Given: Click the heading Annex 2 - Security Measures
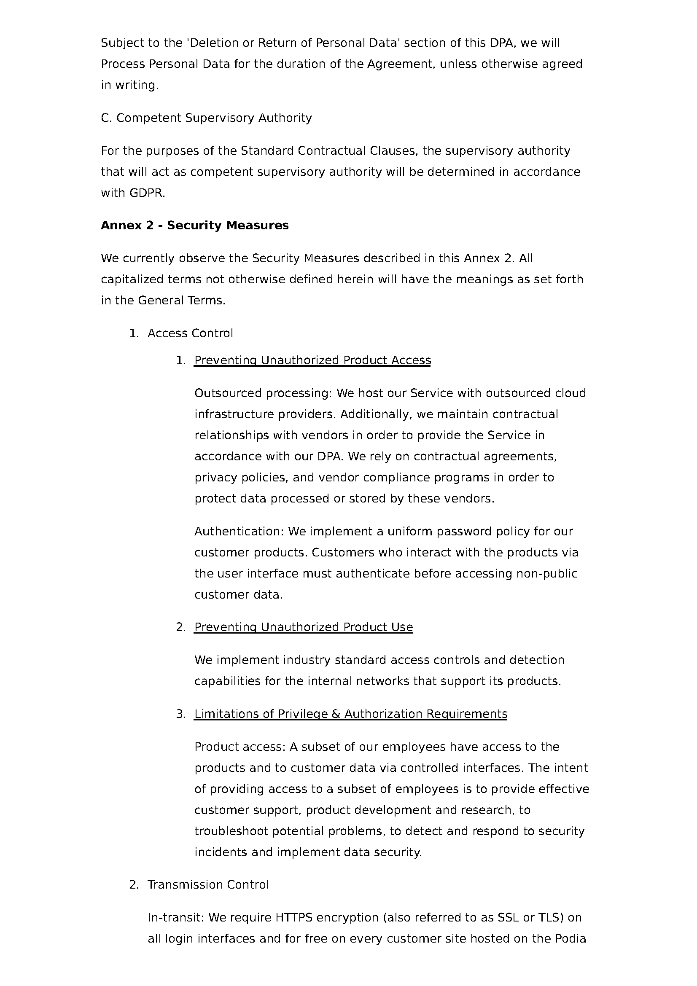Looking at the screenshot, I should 194,226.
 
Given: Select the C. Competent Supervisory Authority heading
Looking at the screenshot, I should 206,118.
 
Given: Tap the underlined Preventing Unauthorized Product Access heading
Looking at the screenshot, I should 312,360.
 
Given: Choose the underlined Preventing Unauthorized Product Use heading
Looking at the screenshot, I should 303,627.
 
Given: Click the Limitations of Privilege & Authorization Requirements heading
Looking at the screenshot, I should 350,714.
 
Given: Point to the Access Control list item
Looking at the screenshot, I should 190,334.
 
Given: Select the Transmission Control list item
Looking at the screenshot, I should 208,885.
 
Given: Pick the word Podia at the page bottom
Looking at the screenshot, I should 570,939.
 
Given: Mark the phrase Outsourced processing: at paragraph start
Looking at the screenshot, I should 263,393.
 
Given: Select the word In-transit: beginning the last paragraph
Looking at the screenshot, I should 176,918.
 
